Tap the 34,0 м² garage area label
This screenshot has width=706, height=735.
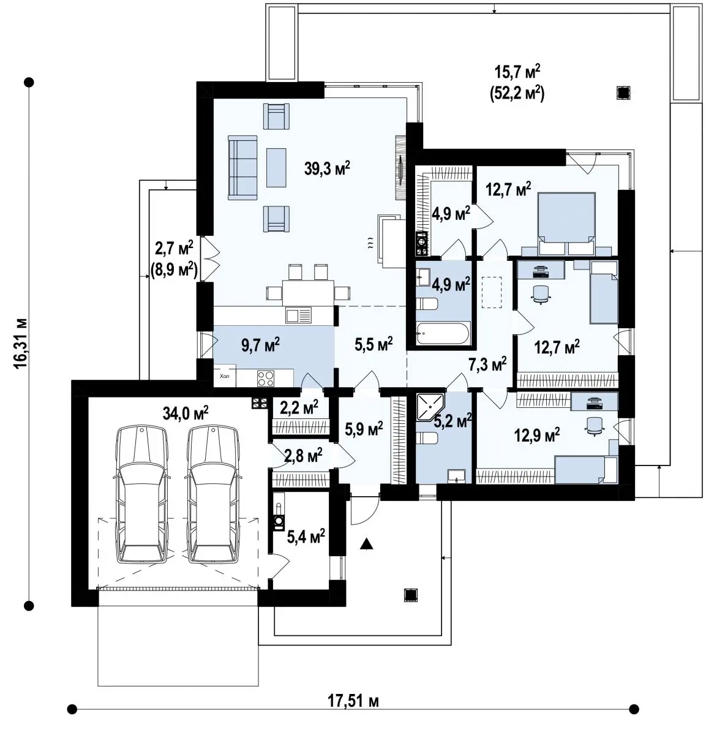tap(186, 413)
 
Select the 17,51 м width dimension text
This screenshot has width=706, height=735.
tap(353, 701)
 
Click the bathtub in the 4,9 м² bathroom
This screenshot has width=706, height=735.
tap(443, 333)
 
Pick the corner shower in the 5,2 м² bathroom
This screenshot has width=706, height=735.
tap(430, 407)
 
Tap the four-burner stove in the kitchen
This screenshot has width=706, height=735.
tap(266, 378)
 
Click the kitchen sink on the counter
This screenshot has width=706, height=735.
tap(298, 315)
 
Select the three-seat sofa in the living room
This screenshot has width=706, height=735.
tap(242, 167)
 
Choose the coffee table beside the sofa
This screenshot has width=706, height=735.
tap(276, 167)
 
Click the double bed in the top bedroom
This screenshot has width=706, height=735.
tap(566, 223)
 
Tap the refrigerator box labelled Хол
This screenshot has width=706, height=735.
tap(225, 376)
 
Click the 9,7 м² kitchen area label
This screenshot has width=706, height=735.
tap(260, 345)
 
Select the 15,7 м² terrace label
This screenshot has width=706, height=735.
tap(517, 72)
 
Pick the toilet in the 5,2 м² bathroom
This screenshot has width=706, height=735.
tap(427, 439)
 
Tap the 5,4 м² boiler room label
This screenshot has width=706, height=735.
tap(306, 537)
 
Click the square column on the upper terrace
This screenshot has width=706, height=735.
tap(623, 92)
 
